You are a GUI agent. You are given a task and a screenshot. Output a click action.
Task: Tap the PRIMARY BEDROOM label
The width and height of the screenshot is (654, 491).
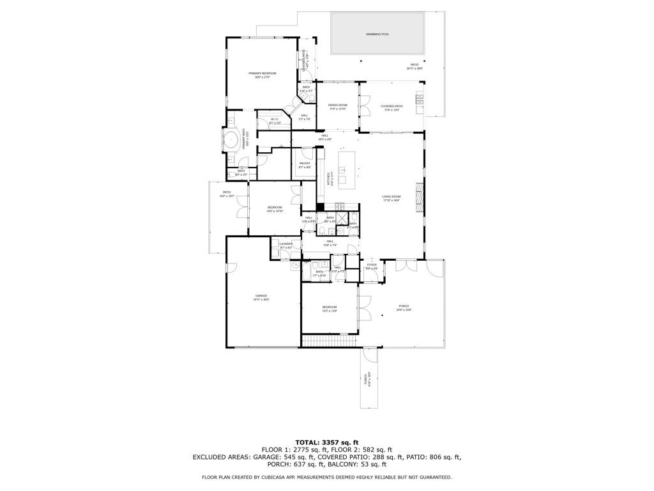[x=262, y=74]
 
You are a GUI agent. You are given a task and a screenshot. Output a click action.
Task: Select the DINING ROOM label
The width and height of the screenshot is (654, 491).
[x=338, y=105]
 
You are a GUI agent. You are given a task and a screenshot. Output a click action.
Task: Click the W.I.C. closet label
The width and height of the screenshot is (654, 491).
[x=274, y=119]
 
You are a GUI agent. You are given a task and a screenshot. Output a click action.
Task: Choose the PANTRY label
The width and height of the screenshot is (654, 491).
[x=305, y=163]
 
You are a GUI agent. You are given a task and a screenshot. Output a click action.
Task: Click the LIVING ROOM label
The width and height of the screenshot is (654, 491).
[x=391, y=197]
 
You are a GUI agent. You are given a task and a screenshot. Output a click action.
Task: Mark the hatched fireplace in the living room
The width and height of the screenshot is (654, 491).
[x=419, y=197]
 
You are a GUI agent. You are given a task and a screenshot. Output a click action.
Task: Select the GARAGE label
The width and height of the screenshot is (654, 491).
[x=261, y=295]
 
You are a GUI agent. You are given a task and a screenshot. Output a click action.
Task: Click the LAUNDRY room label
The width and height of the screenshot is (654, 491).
[x=285, y=244]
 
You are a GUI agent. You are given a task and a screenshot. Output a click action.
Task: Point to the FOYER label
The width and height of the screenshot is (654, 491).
[x=371, y=265]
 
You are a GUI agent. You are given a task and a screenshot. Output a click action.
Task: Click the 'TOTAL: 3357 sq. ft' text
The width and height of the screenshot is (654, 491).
[x=326, y=442]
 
